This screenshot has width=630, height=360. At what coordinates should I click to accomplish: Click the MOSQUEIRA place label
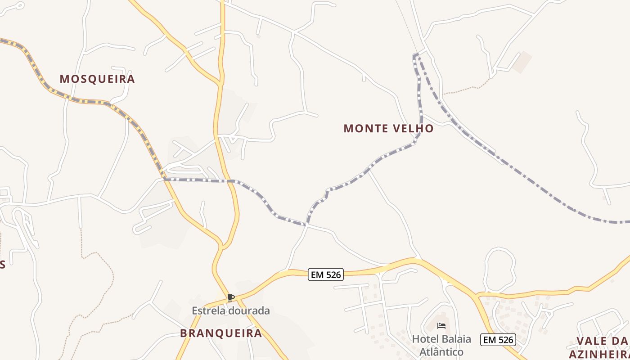[x=97, y=79]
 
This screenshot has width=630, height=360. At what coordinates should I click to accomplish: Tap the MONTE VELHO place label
[x=388, y=129]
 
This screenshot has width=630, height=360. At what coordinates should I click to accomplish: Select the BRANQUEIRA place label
[x=221, y=333]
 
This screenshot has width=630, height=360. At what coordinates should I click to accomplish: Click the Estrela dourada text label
[x=231, y=310]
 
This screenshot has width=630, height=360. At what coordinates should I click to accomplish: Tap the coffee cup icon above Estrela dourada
[x=231, y=297]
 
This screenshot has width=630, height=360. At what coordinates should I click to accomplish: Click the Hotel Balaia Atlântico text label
[x=441, y=345]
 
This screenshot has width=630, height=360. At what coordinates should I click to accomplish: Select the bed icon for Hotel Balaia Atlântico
[x=441, y=325]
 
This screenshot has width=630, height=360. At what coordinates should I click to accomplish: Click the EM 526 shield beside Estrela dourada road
[x=326, y=274]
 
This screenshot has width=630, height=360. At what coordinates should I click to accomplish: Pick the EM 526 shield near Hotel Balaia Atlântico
[x=498, y=340]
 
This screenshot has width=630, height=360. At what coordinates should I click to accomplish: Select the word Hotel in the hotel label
[x=424, y=339]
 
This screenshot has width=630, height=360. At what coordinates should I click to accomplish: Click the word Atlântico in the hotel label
[x=441, y=352]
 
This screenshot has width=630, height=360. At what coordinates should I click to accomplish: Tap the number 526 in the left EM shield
[x=333, y=274]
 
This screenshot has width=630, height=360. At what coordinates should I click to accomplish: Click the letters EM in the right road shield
[x=490, y=340]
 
